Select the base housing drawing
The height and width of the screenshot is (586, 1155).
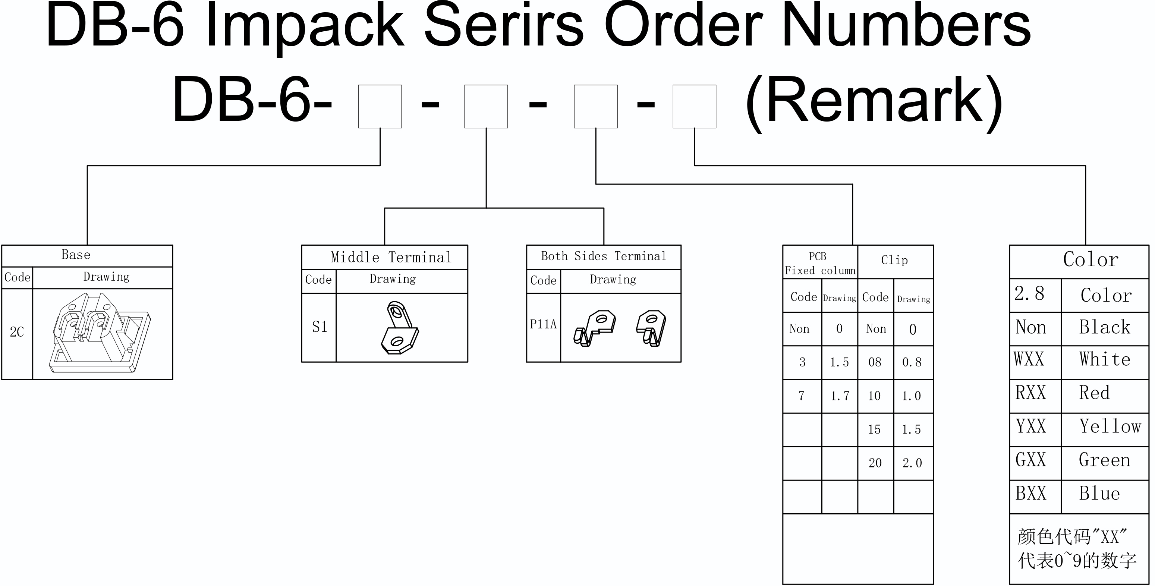point(100,333)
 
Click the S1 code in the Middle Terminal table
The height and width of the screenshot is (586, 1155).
point(320,327)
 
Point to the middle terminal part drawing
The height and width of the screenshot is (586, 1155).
point(400,327)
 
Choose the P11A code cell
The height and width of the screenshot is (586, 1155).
point(543,324)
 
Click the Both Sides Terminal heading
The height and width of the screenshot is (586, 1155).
point(604,256)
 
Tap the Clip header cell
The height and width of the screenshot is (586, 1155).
point(894,260)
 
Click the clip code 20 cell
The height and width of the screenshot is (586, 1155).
point(875,463)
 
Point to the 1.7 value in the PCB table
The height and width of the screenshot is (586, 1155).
point(840,396)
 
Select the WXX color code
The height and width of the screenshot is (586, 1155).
point(1029,359)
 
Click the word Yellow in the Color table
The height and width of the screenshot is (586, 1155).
point(1110,426)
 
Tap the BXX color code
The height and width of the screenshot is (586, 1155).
point(1030,494)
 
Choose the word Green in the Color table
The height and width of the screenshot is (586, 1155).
point(1104,460)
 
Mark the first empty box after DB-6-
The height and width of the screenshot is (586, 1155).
point(380,106)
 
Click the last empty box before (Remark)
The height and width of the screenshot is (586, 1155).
point(694,106)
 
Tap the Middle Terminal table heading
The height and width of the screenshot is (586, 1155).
point(391,257)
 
